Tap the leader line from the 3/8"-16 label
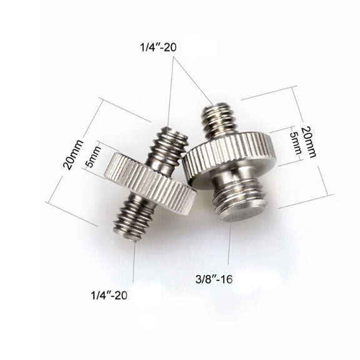coord(229,247)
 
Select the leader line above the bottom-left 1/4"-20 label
coord(134,262)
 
